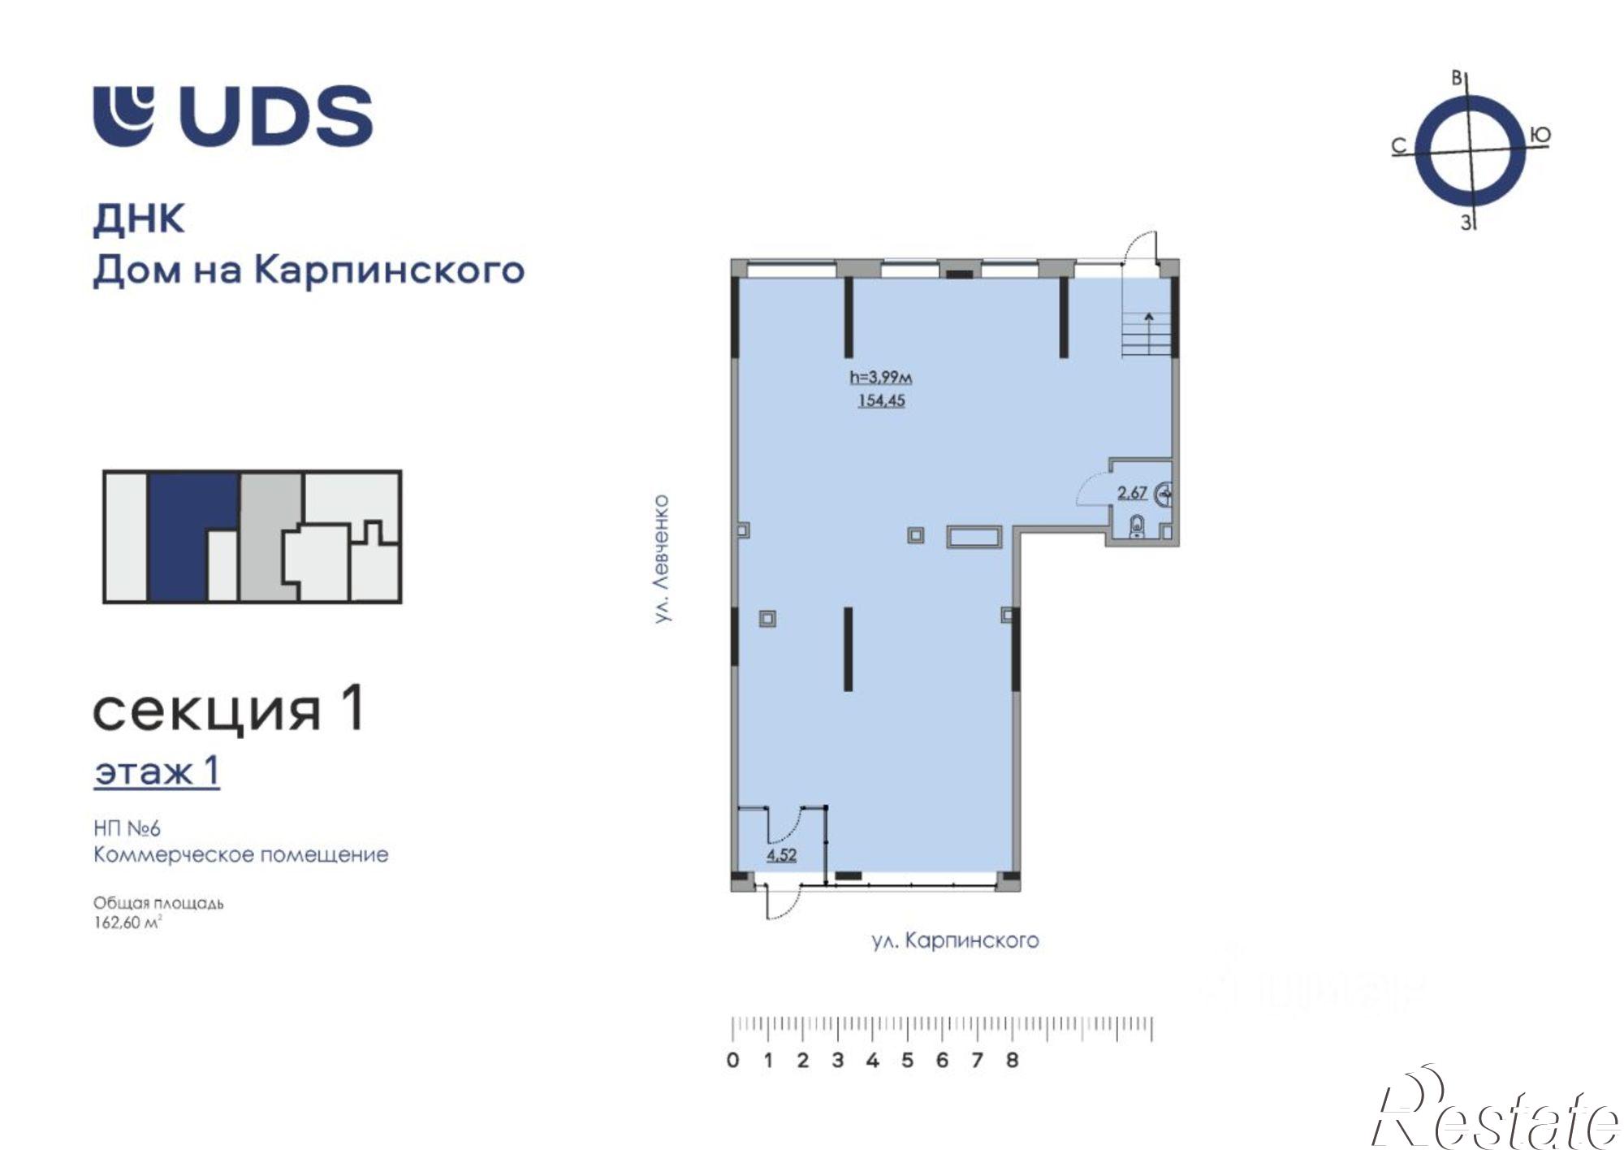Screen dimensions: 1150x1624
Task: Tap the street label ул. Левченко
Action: click(x=663, y=559)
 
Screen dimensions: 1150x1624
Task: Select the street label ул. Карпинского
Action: click(x=955, y=940)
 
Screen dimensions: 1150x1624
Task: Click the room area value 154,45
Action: click(x=881, y=400)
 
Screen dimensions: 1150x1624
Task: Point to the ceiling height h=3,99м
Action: click(x=881, y=377)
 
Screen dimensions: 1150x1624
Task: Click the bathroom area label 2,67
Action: click(x=1132, y=492)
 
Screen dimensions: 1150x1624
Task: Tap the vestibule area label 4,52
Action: click(x=781, y=854)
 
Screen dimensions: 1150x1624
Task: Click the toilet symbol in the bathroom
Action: click(x=1137, y=525)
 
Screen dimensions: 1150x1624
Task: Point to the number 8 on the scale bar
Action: click(x=1012, y=1061)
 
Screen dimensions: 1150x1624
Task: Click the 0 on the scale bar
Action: click(x=733, y=1061)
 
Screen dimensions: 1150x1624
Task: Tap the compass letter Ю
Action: click(x=1540, y=136)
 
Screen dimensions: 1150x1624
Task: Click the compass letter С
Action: click(x=1398, y=146)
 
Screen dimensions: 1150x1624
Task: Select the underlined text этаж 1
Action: click(x=157, y=772)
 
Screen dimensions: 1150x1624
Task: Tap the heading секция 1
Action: click(x=228, y=710)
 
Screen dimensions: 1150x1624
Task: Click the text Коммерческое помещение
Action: click(x=240, y=854)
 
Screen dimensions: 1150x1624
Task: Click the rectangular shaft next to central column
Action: click(x=974, y=537)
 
